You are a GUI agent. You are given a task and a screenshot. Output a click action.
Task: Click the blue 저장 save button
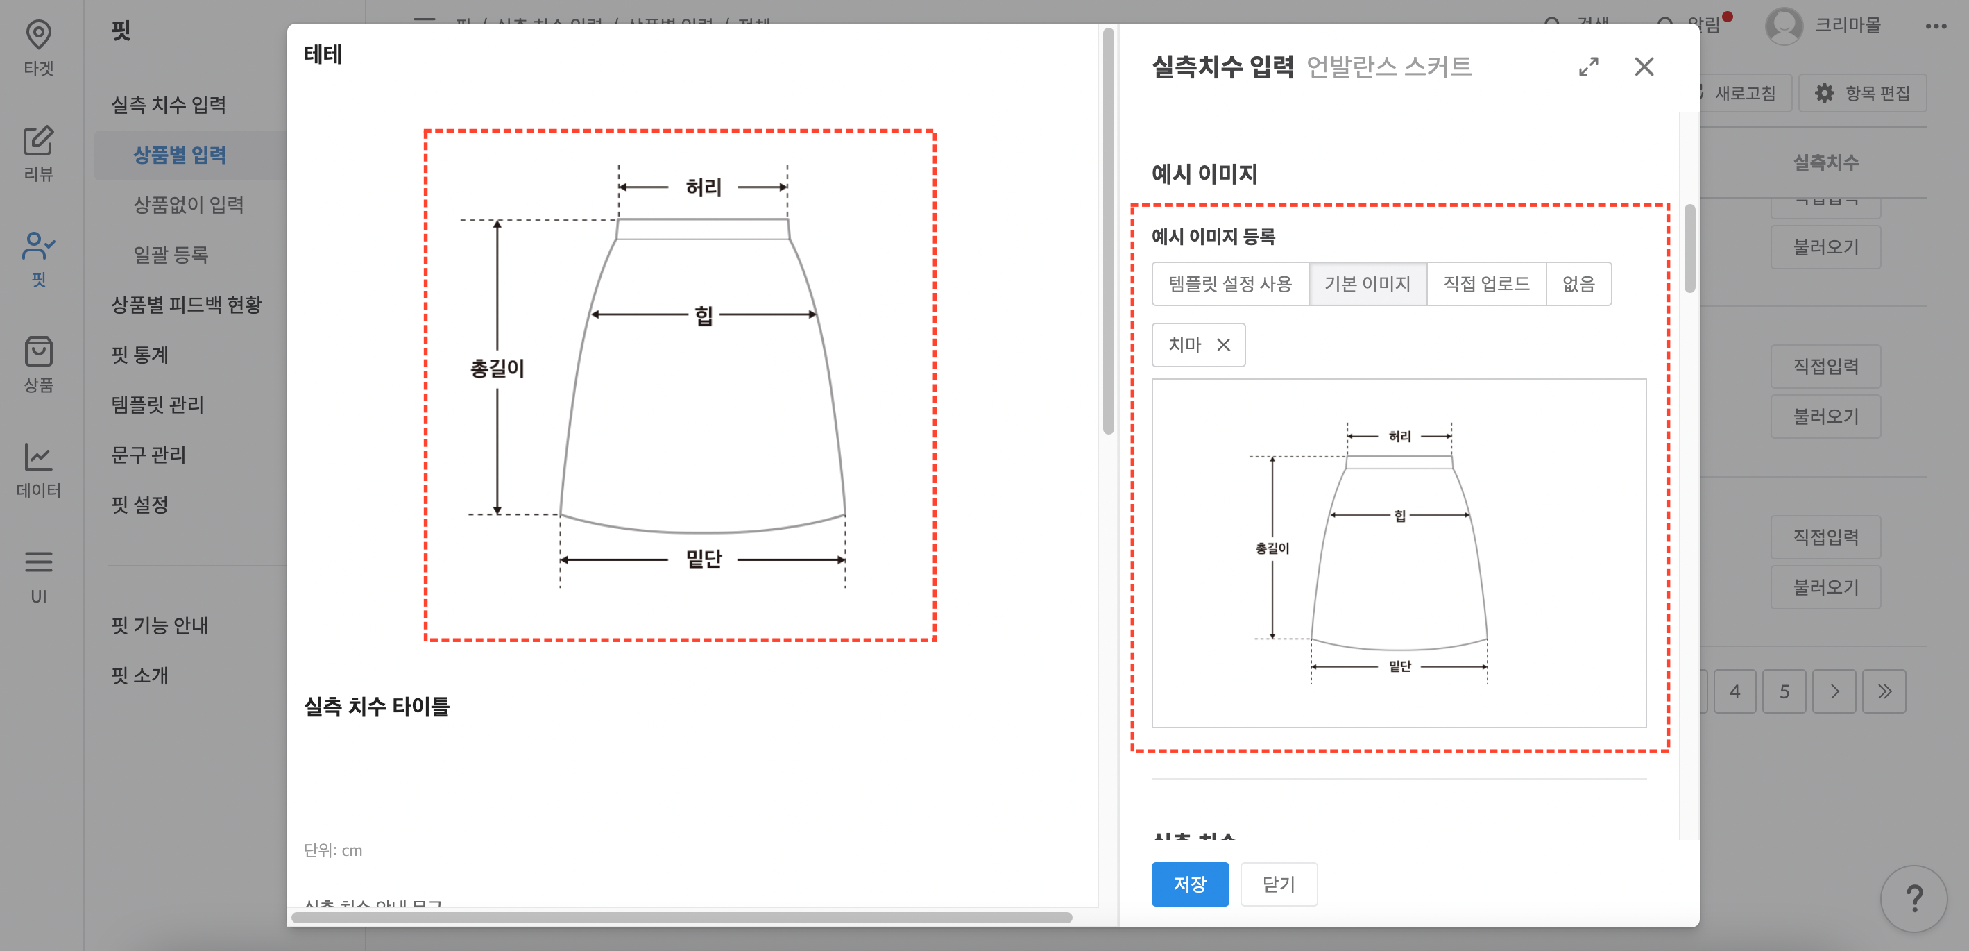click(1189, 884)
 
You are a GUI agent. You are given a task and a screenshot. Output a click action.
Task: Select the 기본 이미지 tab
click(1367, 284)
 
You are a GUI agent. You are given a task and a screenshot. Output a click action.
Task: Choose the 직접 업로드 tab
click(1485, 284)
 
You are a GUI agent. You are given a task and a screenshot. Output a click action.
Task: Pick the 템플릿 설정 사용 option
click(1230, 284)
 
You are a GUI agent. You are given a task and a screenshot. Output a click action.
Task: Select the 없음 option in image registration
click(1578, 284)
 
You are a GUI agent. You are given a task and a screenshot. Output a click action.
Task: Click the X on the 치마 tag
click(1223, 345)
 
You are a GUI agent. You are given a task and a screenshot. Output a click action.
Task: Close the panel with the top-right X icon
click(1644, 67)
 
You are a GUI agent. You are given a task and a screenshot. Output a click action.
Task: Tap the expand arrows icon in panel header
click(1588, 67)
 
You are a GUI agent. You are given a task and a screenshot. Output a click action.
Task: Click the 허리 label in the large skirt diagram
click(704, 187)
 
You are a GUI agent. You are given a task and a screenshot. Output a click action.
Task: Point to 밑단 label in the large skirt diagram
click(704, 559)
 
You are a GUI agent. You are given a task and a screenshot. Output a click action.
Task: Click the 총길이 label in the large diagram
click(497, 369)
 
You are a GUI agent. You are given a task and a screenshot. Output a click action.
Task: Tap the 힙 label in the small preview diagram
click(1399, 516)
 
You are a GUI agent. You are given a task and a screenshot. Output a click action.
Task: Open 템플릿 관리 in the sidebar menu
click(157, 405)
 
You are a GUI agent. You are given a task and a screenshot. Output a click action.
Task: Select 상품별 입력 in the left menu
click(180, 155)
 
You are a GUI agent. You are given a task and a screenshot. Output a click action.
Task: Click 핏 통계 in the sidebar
click(140, 355)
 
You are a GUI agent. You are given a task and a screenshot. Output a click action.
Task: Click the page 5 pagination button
click(1784, 692)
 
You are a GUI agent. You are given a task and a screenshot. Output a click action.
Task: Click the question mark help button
click(1913, 898)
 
